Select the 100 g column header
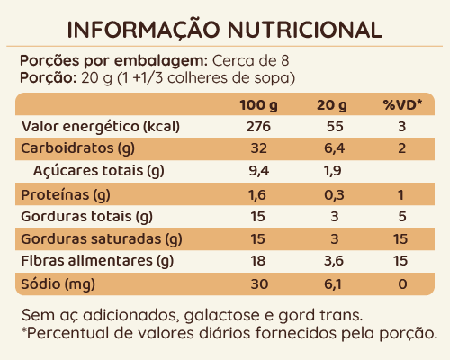[259, 106]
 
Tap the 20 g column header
[333, 106]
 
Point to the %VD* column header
[403, 106]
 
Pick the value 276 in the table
[259, 126]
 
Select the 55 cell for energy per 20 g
[333, 126]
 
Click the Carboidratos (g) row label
[71, 148]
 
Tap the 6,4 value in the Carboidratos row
[333, 148]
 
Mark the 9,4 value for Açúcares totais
[259, 171]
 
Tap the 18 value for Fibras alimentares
[259, 262]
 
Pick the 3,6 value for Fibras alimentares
[333, 262]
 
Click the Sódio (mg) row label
[57, 284]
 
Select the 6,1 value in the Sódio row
[333, 284]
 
